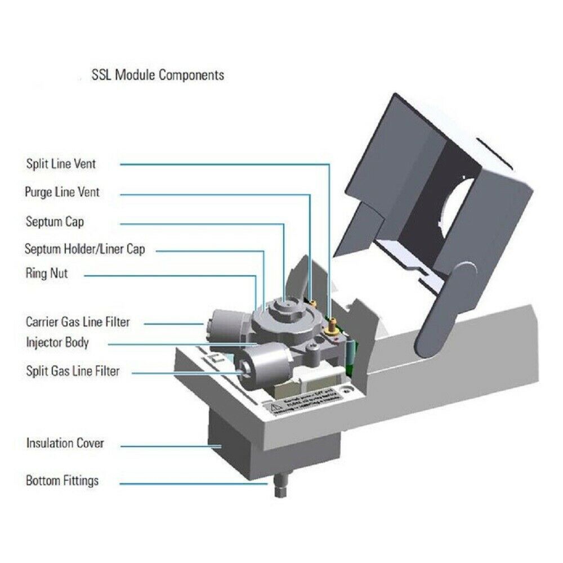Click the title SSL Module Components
point(158,74)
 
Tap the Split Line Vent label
point(61,164)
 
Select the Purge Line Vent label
point(62,192)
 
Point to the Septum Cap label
point(55,221)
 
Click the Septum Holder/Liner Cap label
point(84,248)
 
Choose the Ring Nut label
point(47,274)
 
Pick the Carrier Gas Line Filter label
point(78,322)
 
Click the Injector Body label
point(57,342)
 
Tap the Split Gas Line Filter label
point(73,371)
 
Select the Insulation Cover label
point(65,443)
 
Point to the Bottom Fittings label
point(62,481)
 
